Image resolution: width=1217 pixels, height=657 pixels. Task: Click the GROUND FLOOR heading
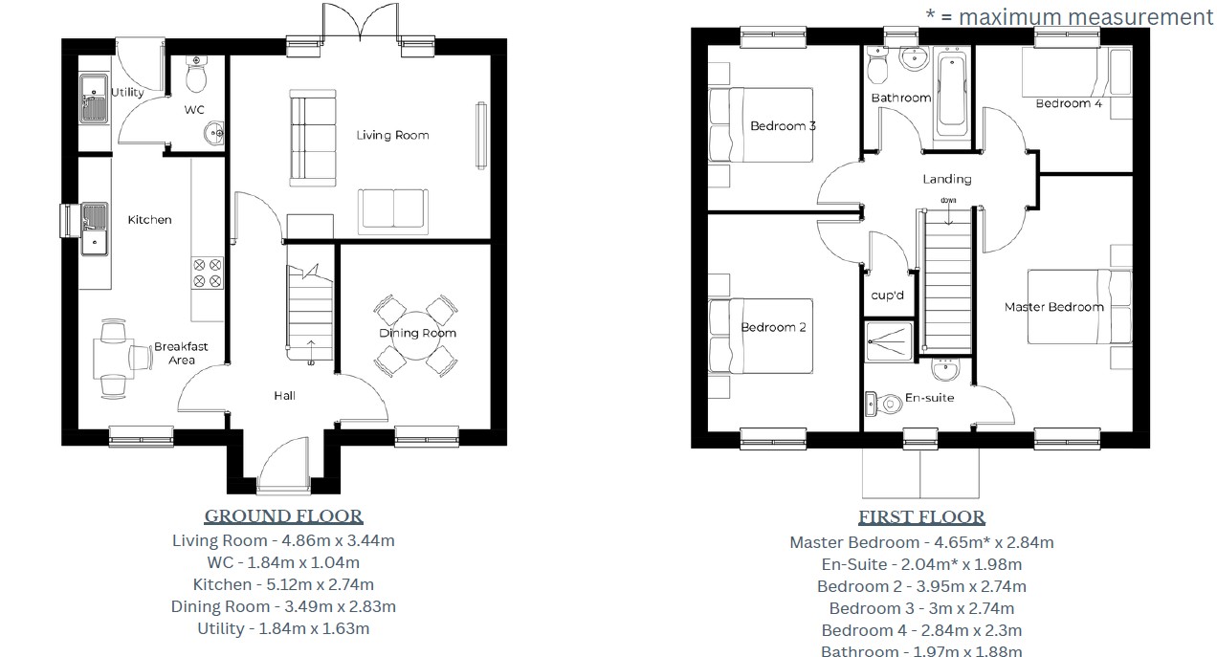tap(283, 516)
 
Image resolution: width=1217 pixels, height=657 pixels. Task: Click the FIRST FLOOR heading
tap(920, 517)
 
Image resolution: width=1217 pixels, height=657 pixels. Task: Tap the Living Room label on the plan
tap(392, 135)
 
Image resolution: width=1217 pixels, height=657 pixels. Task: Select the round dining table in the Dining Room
tap(413, 334)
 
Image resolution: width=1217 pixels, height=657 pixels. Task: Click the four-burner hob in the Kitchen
tap(208, 273)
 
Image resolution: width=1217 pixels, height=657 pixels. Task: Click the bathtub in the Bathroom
tap(951, 92)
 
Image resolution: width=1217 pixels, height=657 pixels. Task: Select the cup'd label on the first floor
tap(887, 296)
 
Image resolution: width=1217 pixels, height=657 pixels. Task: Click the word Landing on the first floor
tap(946, 179)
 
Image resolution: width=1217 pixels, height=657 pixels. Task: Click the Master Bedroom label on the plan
tap(1053, 307)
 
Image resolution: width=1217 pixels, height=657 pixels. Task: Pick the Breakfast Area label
tap(181, 353)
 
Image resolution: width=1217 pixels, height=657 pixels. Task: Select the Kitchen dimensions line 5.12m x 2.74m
tap(283, 584)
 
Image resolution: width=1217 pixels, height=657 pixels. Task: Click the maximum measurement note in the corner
tap(1069, 16)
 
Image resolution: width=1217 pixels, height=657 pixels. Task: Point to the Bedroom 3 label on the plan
tap(783, 126)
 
